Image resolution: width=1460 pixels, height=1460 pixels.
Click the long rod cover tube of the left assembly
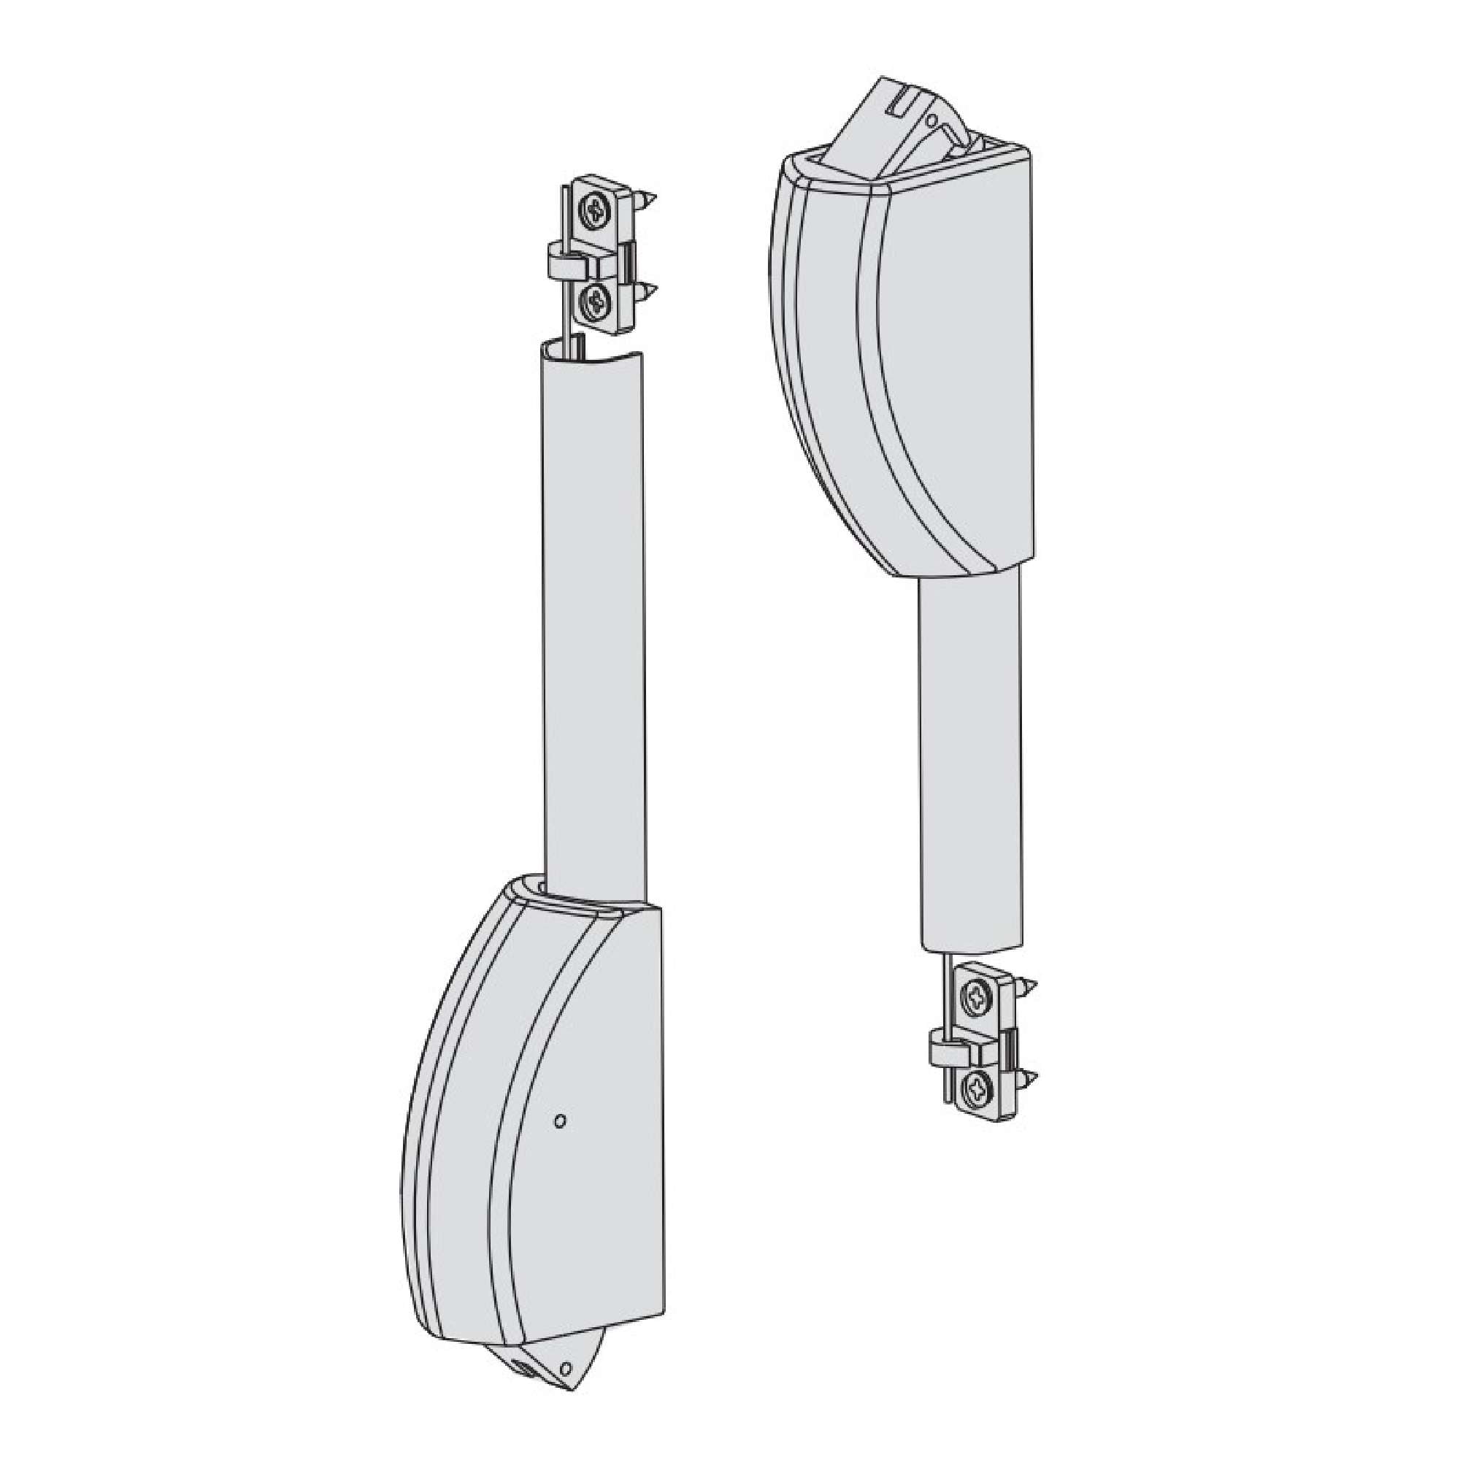click(594, 604)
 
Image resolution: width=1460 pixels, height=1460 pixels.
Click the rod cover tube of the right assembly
click(971, 756)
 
